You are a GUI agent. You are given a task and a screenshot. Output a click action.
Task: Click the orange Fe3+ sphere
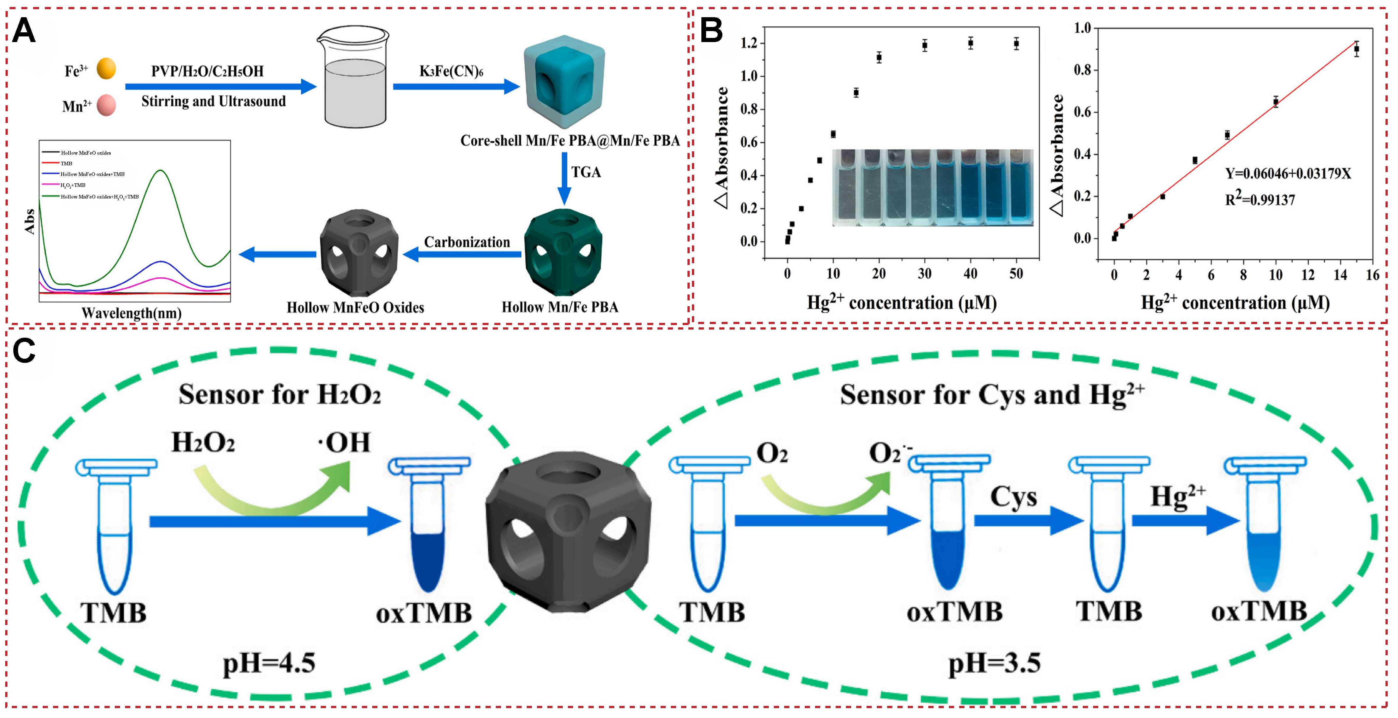tap(106, 69)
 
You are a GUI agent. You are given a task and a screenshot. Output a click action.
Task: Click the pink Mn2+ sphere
tap(106, 105)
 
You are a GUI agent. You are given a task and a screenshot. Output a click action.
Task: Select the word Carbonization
tap(467, 242)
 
